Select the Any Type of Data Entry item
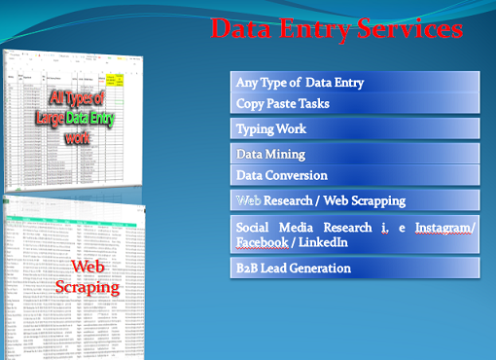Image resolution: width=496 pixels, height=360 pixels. coord(300,83)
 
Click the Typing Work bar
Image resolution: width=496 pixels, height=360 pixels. coord(271,128)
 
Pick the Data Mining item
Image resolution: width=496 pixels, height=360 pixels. coord(271,154)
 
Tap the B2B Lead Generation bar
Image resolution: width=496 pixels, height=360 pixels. coord(294,268)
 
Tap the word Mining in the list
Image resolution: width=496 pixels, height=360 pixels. coord(286,154)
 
